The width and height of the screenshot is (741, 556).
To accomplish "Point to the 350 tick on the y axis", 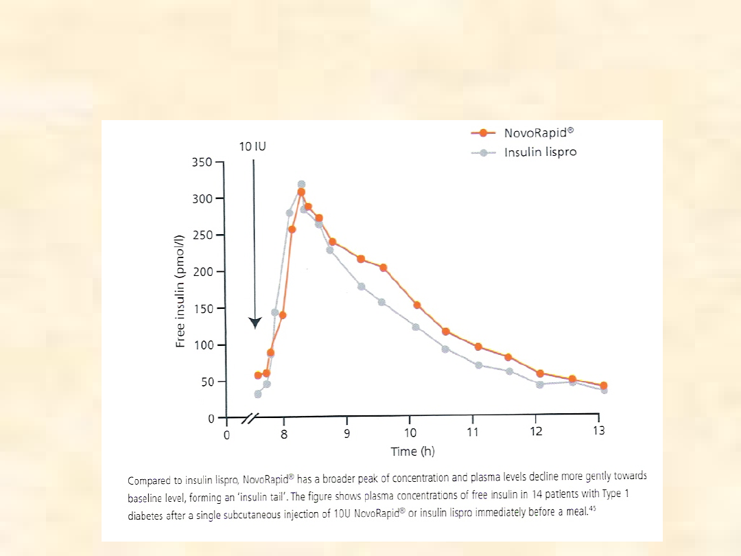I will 206,162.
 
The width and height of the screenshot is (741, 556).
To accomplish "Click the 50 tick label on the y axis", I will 208,382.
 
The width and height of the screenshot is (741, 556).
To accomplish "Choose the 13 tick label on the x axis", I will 599,430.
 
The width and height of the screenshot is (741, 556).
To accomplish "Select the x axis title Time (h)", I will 412,451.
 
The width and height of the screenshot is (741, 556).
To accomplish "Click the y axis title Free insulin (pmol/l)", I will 180,290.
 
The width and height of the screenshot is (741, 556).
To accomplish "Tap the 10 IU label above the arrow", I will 253,146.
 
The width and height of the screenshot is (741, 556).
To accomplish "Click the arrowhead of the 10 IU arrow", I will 255,323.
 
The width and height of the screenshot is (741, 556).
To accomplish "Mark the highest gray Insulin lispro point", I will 301,184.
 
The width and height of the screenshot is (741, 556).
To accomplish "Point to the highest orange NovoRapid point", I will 301,192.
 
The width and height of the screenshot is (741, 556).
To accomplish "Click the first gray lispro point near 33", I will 258,394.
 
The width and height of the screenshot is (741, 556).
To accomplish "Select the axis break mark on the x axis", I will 252,417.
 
